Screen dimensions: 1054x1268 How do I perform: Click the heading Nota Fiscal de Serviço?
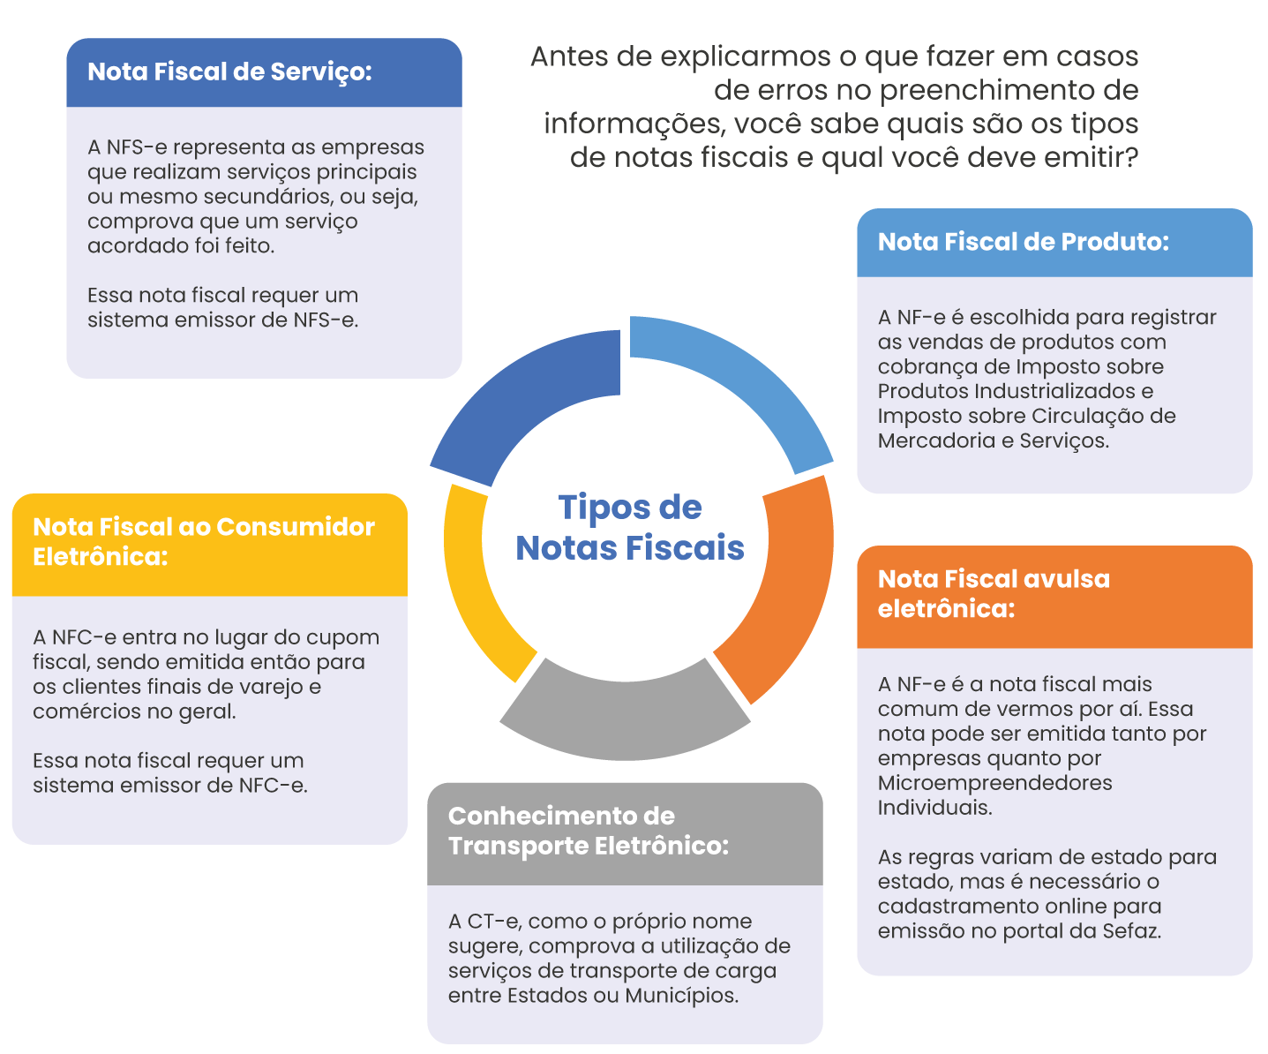click(x=229, y=72)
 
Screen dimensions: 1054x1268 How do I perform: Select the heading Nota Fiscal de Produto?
click(x=1023, y=242)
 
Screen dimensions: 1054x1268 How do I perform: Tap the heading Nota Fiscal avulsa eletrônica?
click(x=994, y=593)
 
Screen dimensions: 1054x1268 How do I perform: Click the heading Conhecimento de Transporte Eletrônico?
click(x=589, y=831)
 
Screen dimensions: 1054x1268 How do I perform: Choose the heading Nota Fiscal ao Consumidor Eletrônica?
click(x=204, y=541)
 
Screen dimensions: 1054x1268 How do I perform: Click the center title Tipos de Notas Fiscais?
click(x=630, y=528)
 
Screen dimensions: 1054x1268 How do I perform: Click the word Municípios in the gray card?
click(x=680, y=996)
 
